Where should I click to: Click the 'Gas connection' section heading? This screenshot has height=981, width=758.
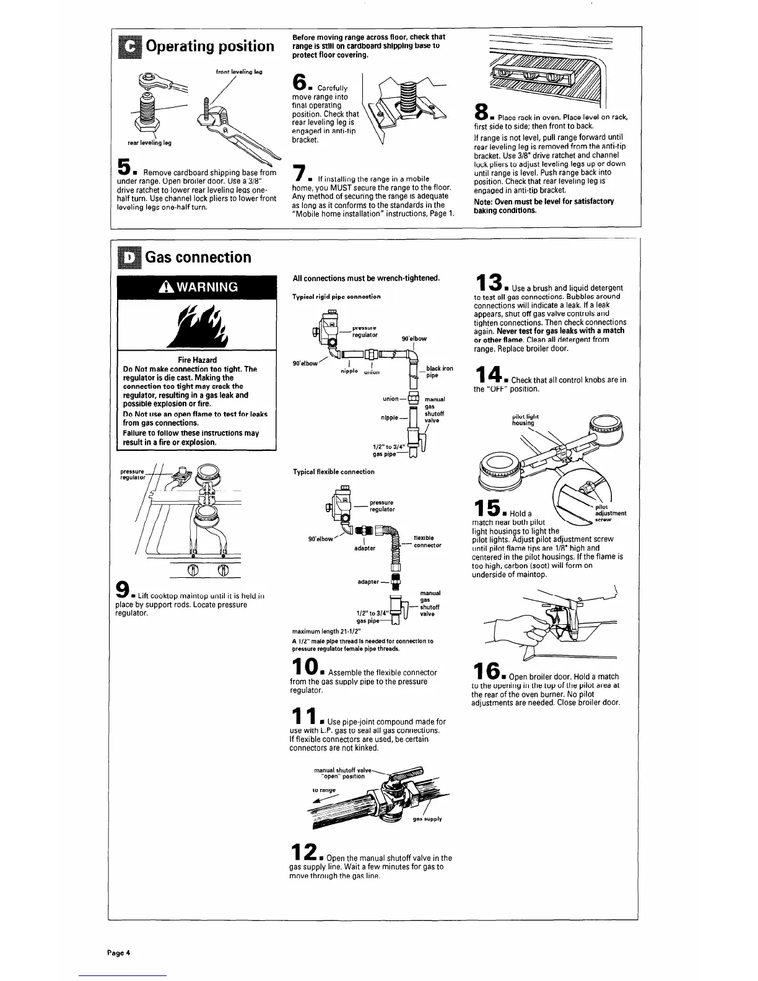(x=198, y=257)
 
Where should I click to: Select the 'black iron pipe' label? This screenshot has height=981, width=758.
(x=439, y=372)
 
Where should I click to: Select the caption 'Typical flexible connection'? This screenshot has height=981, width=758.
(x=333, y=472)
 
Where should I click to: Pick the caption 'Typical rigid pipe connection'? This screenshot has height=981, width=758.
(x=336, y=297)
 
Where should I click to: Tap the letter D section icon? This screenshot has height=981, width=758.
(x=128, y=257)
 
